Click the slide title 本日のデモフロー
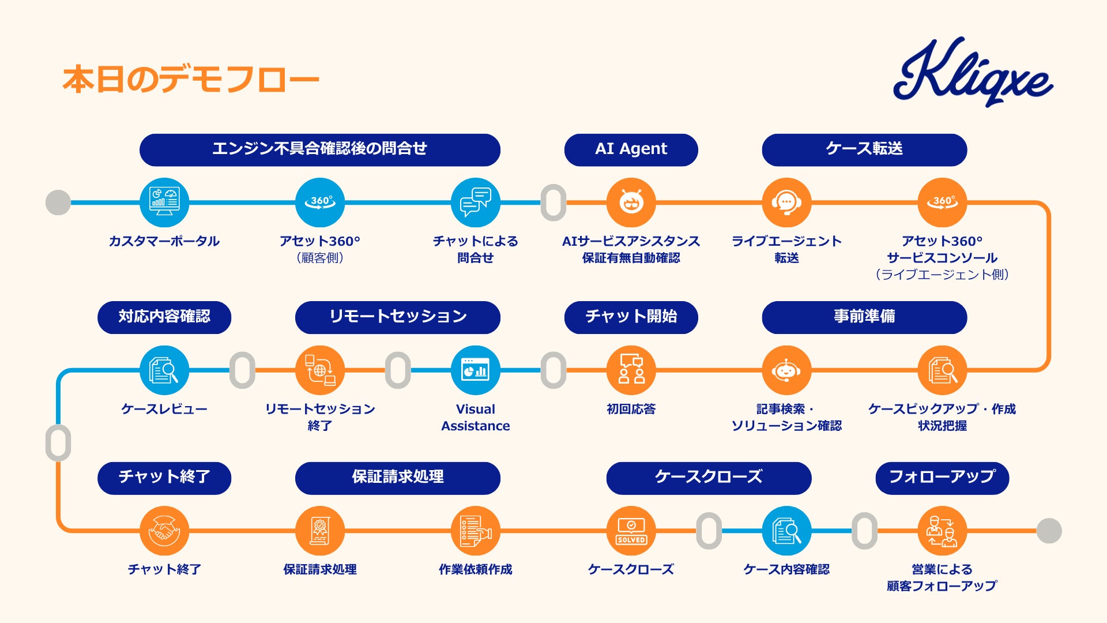[x=191, y=80]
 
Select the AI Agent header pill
[x=631, y=149]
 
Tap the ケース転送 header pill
[x=864, y=149]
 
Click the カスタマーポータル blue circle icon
[x=164, y=202]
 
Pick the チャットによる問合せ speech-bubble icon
[x=475, y=202]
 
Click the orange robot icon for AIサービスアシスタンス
[x=631, y=202]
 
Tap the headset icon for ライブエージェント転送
[x=786, y=202]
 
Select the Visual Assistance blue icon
[x=475, y=370]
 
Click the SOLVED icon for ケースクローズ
[x=631, y=531]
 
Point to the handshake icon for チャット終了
[x=164, y=531]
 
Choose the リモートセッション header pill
[x=397, y=317]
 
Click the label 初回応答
[x=631, y=409]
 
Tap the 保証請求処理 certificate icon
[x=319, y=531]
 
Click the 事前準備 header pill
[x=864, y=317]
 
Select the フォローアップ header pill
[x=942, y=478]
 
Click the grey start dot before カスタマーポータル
[x=58, y=202]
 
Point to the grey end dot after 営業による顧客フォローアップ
[x=1049, y=531]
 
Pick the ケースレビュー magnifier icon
[x=164, y=370]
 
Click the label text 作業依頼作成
[x=475, y=569]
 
